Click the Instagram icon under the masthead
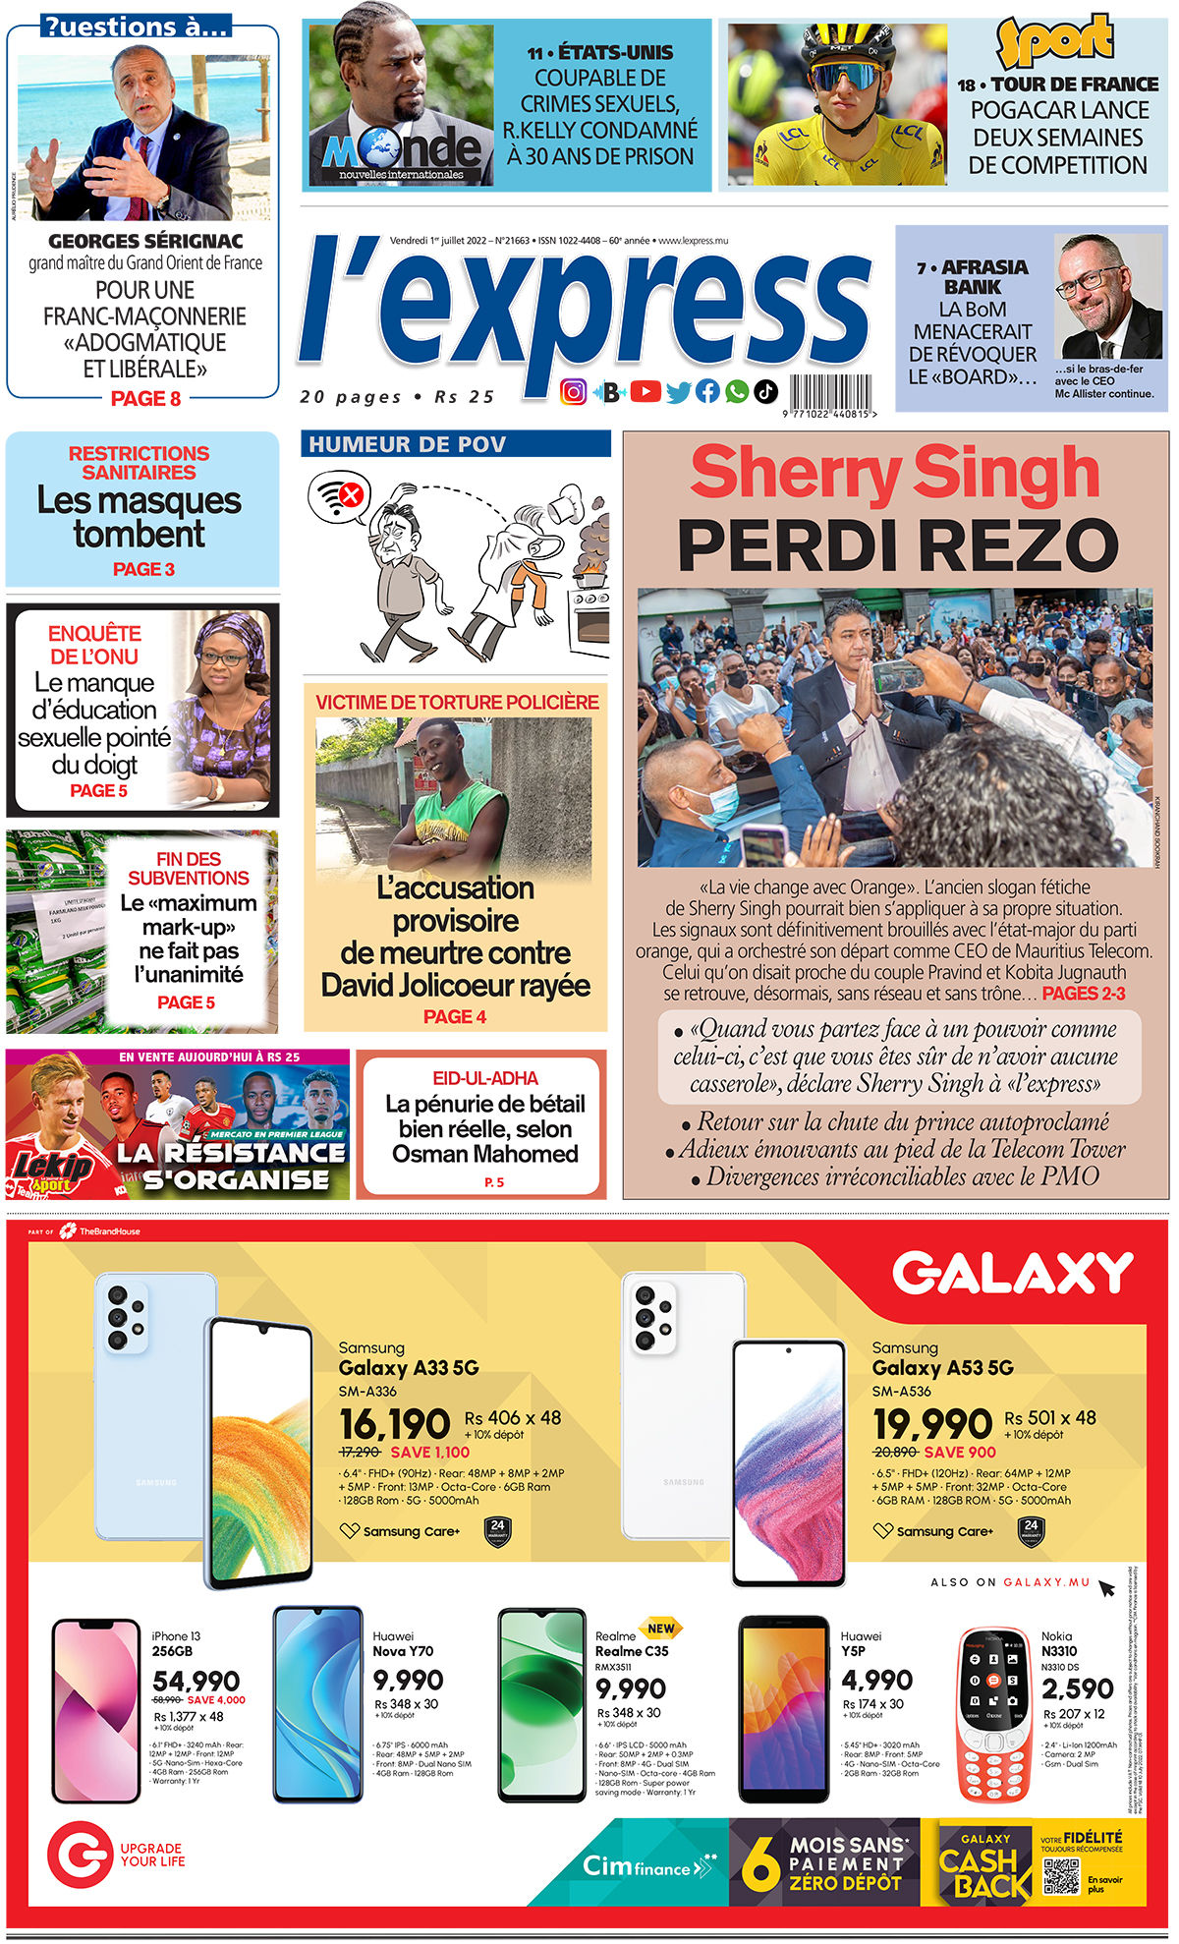coord(574,392)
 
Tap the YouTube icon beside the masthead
coord(646,392)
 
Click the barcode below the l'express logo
coord(830,392)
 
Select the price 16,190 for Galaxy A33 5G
coord(394,1424)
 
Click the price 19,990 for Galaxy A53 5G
coord(932,1424)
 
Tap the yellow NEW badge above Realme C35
coord(660,1629)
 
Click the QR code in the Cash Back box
coord(1061,1875)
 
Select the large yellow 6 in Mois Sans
coord(759,1864)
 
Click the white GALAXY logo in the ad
coord(1012,1274)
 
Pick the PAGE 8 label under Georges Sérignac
coord(145,399)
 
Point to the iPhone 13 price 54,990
coord(196,1682)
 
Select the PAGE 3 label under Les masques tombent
coord(143,569)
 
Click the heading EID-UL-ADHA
coord(485,1078)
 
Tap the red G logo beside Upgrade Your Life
coord(79,1855)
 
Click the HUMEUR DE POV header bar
coord(456,444)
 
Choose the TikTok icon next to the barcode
coord(766,392)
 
